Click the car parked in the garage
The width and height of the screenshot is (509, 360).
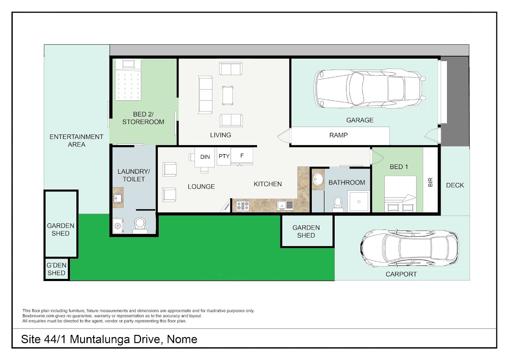369,89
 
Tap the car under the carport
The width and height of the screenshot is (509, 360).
409,248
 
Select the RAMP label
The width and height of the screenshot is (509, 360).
338,135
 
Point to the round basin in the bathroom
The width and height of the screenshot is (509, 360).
318,180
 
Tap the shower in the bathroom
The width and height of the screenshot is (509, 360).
359,202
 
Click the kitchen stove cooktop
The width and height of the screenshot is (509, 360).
243,206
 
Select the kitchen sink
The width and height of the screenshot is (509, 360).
285,205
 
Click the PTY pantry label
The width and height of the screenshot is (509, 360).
224,156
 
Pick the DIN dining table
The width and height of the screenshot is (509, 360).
204,157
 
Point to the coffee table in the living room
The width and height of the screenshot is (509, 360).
228,95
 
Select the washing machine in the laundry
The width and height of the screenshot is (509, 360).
118,225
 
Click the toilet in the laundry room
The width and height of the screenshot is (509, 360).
140,225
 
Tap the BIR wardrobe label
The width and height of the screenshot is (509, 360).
431,182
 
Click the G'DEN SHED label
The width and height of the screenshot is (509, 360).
56,269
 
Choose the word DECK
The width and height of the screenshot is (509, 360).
455,186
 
